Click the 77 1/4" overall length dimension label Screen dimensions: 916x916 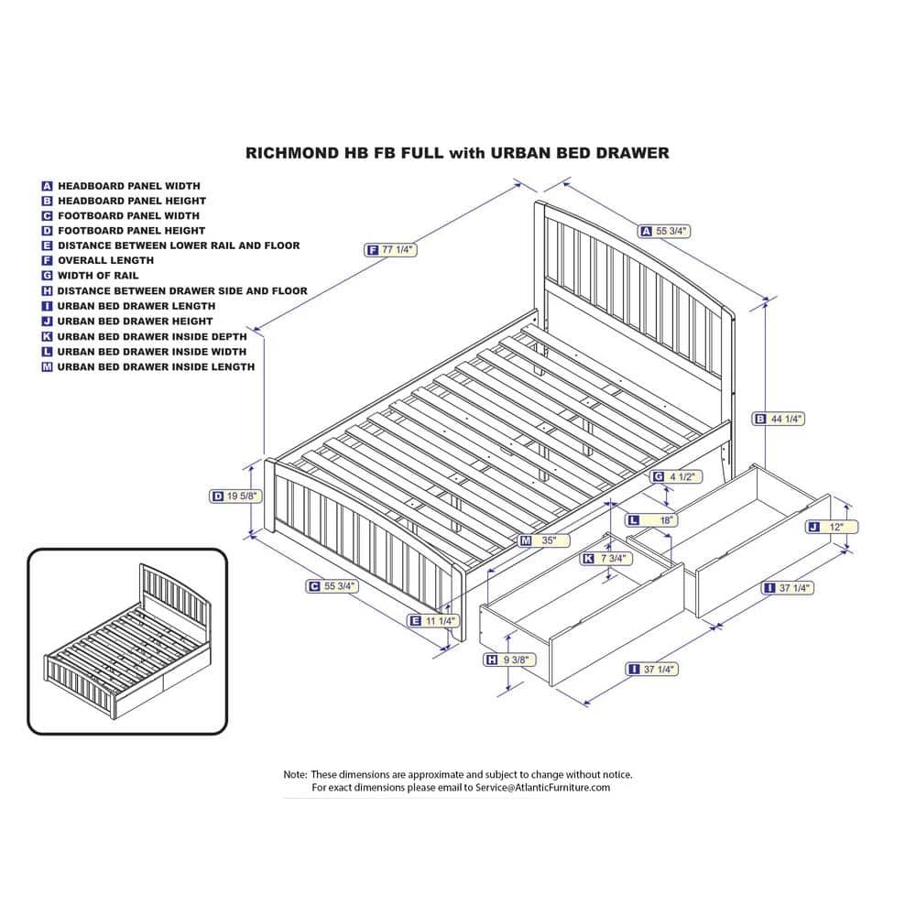[x=390, y=250]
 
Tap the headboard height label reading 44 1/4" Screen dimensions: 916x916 [x=778, y=419]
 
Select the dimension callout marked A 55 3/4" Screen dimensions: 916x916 [x=664, y=232]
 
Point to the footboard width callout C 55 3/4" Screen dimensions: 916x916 [x=333, y=586]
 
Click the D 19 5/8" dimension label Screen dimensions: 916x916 [x=235, y=496]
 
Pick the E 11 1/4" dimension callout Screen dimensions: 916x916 [x=433, y=621]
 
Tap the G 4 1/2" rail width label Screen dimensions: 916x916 [x=676, y=476]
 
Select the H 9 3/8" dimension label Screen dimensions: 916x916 [x=510, y=660]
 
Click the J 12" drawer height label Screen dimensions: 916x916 [x=832, y=527]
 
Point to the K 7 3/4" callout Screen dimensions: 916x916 [x=605, y=559]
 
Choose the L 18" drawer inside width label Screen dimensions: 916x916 [x=651, y=520]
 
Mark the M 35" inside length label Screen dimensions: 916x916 [x=544, y=540]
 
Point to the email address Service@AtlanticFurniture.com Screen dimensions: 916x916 [x=542, y=788]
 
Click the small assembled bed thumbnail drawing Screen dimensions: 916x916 [x=127, y=641]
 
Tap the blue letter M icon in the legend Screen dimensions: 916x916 [x=47, y=367]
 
